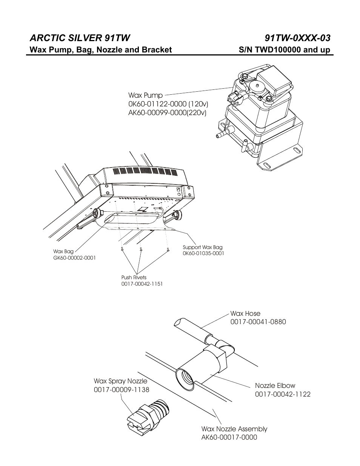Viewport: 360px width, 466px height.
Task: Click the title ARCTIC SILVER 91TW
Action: point(80,38)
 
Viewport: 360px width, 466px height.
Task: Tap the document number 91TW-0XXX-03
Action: point(298,38)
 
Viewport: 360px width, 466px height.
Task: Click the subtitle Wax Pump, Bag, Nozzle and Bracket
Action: point(101,50)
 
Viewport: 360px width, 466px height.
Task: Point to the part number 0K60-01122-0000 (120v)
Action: point(168,104)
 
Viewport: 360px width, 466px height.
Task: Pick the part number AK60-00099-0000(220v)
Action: point(167,112)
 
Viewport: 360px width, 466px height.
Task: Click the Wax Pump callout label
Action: point(145,95)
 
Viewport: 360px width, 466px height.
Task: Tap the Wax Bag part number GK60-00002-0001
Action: point(74,258)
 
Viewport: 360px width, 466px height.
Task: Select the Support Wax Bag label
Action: point(203,248)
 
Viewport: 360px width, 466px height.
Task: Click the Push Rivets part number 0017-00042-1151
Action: point(142,284)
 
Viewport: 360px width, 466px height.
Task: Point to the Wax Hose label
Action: point(245,314)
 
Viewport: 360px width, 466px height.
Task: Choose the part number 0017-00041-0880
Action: point(258,322)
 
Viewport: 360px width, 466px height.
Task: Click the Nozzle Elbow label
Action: point(275,386)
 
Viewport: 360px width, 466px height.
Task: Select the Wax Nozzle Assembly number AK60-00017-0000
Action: point(229,437)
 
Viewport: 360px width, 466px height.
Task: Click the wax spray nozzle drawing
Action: point(147,415)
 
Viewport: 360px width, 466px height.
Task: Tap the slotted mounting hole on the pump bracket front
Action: point(266,166)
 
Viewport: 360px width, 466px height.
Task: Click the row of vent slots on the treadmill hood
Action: point(145,171)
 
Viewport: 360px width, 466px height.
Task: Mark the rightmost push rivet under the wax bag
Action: point(168,249)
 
